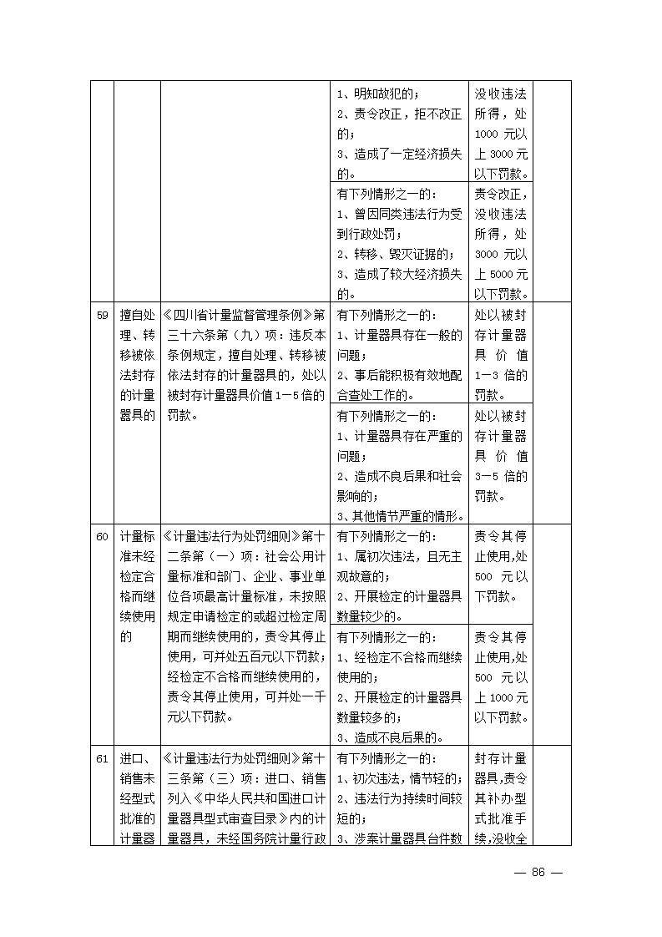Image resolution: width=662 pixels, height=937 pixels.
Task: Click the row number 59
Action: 102,316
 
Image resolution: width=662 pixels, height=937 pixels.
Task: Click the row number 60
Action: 102,536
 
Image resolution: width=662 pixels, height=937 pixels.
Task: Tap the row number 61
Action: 102,758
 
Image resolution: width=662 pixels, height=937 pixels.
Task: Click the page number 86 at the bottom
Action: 538,872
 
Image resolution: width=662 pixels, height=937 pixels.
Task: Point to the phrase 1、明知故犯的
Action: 377,94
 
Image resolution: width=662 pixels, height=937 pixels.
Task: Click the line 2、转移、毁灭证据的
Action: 395,254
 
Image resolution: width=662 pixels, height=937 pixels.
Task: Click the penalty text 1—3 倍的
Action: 501,375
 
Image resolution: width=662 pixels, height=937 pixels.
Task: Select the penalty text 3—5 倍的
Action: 501,475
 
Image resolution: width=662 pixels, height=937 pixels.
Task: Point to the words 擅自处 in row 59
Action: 137,316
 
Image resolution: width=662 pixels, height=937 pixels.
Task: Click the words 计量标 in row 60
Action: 137,536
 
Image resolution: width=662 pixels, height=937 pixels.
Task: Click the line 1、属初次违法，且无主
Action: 399,556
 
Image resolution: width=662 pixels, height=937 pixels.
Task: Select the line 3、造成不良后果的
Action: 389,737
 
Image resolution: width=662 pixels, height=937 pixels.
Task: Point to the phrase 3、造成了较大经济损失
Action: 399,274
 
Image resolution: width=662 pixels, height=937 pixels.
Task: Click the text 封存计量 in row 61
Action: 501,758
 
